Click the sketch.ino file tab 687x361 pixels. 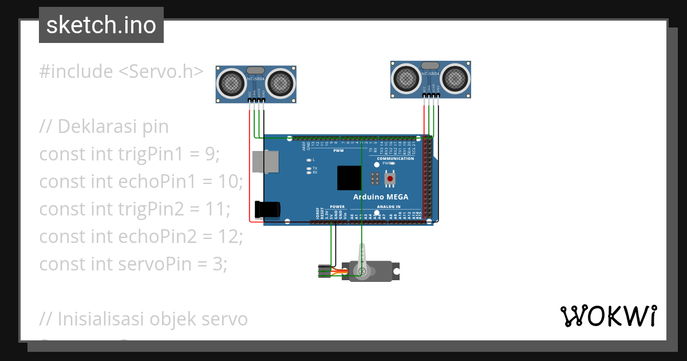[101, 25]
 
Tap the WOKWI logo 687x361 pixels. [608, 316]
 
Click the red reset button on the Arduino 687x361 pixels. [390, 179]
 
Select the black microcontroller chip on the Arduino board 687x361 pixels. [349, 178]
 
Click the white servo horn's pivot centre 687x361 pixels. [361, 271]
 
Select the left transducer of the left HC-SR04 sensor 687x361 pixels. [232, 83]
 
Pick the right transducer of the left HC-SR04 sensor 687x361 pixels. [280, 83]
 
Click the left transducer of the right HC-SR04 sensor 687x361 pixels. [407, 78]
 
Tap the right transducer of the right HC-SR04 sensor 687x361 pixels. [455, 78]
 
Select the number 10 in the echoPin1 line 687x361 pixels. [231, 181]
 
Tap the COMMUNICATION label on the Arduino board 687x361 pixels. [392, 159]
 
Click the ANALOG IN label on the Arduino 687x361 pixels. [389, 207]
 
